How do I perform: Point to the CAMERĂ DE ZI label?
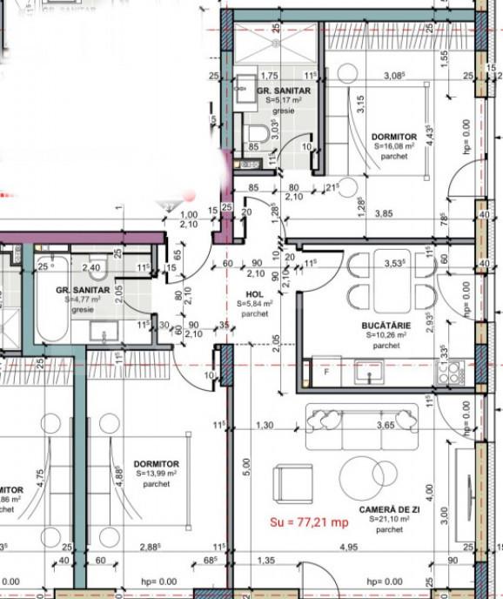[x=390, y=508]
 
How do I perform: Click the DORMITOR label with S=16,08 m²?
[x=393, y=137]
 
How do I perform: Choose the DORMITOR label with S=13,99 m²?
[x=157, y=463]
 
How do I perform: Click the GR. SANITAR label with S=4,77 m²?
[x=83, y=288]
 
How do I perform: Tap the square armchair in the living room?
[x=292, y=482]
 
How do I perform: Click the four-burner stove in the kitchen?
[x=449, y=373]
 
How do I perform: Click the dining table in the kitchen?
[x=384, y=279]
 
